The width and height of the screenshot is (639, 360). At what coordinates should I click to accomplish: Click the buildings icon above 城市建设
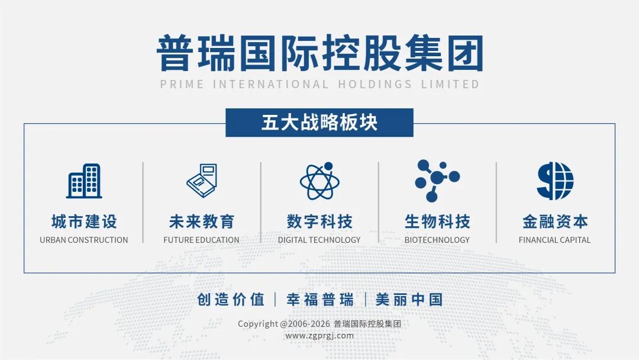pyautogui.click(x=84, y=181)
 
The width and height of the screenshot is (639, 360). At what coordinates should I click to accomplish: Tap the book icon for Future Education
pyautogui.click(x=202, y=181)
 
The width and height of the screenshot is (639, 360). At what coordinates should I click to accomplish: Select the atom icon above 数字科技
pyautogui.click(x=319, y=181)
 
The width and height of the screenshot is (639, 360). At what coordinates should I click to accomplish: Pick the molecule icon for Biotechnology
pyautogui.click(x=437, y=181)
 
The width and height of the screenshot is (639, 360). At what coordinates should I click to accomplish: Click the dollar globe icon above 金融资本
pyautogui.click(x=554, y=181)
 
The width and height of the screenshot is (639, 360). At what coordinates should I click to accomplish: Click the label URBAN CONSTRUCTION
pyautogui.click(x=84, y=240)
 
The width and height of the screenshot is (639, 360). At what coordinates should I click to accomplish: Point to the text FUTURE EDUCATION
pyautogui.click(x=201, y=240)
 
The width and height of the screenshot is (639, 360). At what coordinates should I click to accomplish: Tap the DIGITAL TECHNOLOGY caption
pyautogui.click(x=319, y=240)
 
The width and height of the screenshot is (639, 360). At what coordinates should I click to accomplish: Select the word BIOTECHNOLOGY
pyautogui.click(x=437, y=240)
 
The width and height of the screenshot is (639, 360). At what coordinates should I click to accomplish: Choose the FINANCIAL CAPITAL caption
pyautogui.click(x=554, y=240)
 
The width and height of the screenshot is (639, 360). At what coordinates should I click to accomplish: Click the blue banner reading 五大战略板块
pyautogui.click(x=319, y=123)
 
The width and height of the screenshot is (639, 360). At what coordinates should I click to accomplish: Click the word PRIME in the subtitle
pyautogui.click(x=182, y=85)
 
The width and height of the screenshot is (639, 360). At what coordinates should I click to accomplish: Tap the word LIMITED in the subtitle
pyautogui.click(x=450, y=85)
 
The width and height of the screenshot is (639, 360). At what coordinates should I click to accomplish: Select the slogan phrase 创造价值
pyautogui.click(x=231, y=300)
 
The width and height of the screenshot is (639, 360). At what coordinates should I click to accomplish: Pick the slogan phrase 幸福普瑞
pyautogui.click(x=320, y=300)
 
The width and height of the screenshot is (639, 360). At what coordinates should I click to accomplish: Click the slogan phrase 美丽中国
pyautogui.click(x=409, y=300)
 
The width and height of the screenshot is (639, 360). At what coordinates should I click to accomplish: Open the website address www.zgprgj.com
pyautogui.click(x=319, y=336)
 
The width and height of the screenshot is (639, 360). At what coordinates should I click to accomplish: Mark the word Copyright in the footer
pyautogui.click(x=258, y=324)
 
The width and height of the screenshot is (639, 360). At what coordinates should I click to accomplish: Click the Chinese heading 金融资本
pyautogui.click(x=555, y=222)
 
